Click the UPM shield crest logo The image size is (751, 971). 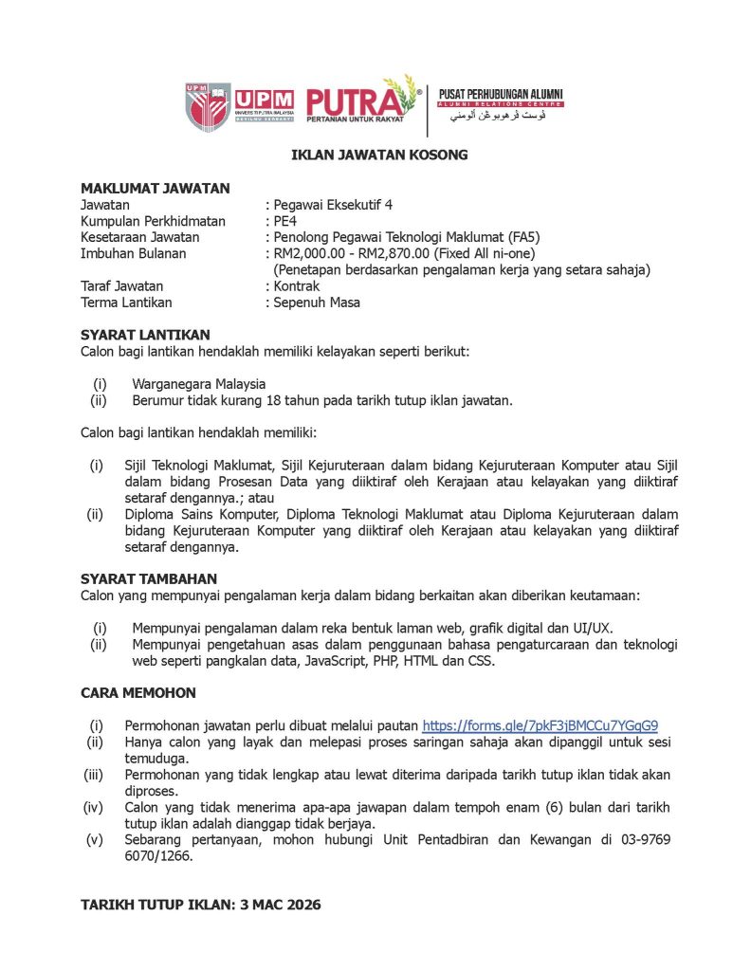coord(208,105)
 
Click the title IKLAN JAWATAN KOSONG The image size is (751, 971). coord(379,155)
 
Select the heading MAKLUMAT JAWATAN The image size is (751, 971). coord(155,189)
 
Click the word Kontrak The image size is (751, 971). coord(297,285)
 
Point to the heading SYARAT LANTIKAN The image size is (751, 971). coord(145,335)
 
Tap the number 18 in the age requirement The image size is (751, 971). coord(276,400)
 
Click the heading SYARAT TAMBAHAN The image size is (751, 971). coord(149,578)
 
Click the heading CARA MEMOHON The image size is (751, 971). coord(138,693)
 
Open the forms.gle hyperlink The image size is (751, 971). coord(540,725)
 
